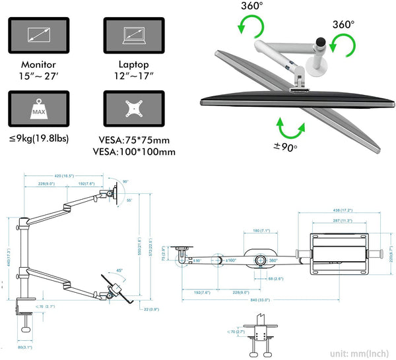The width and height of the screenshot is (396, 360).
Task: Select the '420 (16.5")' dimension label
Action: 64,176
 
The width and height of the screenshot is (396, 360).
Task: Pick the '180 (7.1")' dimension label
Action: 261,231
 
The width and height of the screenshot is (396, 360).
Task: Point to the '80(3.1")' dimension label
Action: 25,347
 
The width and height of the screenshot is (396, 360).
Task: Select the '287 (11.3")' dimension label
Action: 340,221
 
